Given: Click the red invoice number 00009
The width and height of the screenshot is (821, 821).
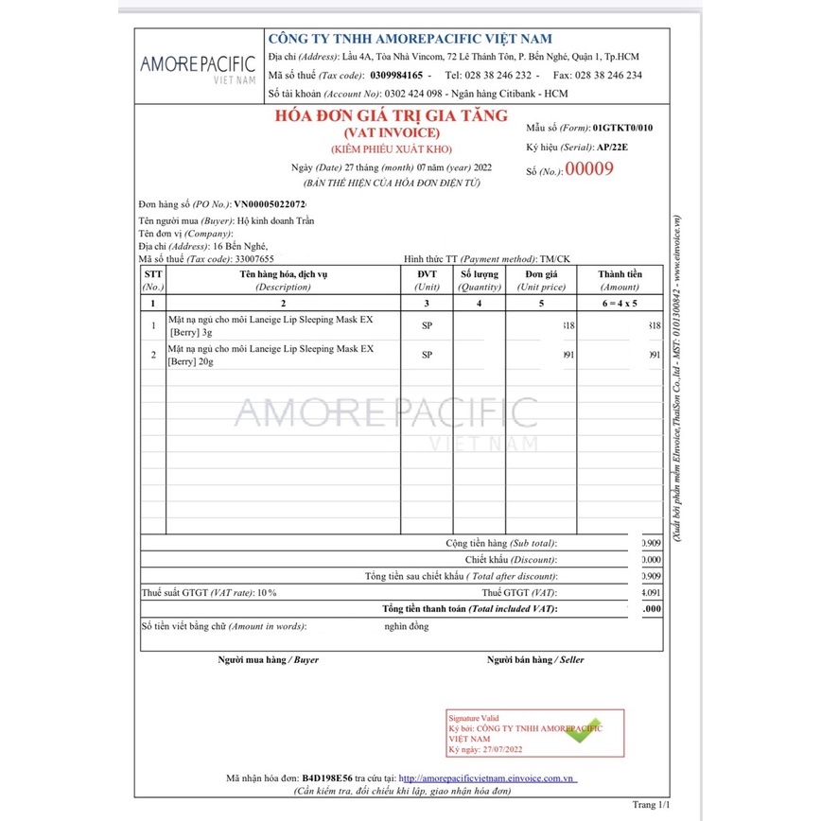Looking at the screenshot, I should click(x=588, y=170).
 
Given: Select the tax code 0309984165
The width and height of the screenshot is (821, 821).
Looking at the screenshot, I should click(x=397, y=75).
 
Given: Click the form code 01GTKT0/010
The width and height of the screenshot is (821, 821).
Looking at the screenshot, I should click(x=622, y=127).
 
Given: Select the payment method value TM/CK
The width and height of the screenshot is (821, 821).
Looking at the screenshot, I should click(x=554, y=258).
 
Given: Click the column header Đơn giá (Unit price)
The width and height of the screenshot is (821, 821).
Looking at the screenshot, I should click(x=541, y=279).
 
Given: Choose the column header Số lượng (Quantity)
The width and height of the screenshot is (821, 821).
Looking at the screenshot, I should click(x=480, y=279).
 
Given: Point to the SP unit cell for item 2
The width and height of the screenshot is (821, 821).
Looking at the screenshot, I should click(x=427, y=355).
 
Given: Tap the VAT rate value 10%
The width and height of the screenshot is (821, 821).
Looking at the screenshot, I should click(x=266, y=592).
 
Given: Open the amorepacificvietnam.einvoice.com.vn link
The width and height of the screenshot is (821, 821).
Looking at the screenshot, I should click(x=487, y=777).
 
